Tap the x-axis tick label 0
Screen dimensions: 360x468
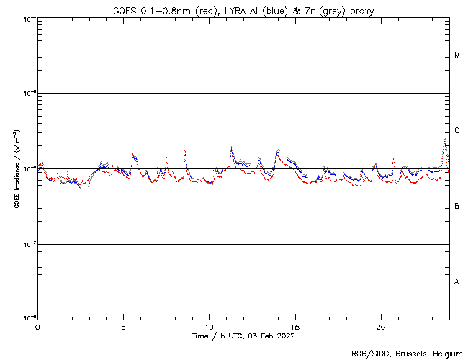[x=37, y=326]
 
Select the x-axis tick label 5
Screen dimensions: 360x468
[x=123, y=326]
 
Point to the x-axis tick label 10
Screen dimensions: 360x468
[x=209, y=326]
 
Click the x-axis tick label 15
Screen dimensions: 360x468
[x=294, y=326]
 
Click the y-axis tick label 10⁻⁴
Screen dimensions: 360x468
[x=30, y=18]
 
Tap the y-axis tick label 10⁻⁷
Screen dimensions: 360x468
[x=30, y=244]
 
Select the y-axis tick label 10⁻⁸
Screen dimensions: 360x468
[x=30, y=318]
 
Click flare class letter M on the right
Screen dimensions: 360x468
[x=457, y=55]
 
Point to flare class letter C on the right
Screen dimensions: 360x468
[x=457, y=131]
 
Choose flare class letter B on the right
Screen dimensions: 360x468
[x=457, y=207]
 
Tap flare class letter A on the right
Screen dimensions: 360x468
[x=457, y=282]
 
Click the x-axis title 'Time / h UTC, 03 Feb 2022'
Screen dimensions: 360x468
[x=243, y=336]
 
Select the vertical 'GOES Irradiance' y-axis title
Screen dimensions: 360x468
[x=16, y=169]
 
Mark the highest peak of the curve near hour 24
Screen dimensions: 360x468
[x=445, y=138]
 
